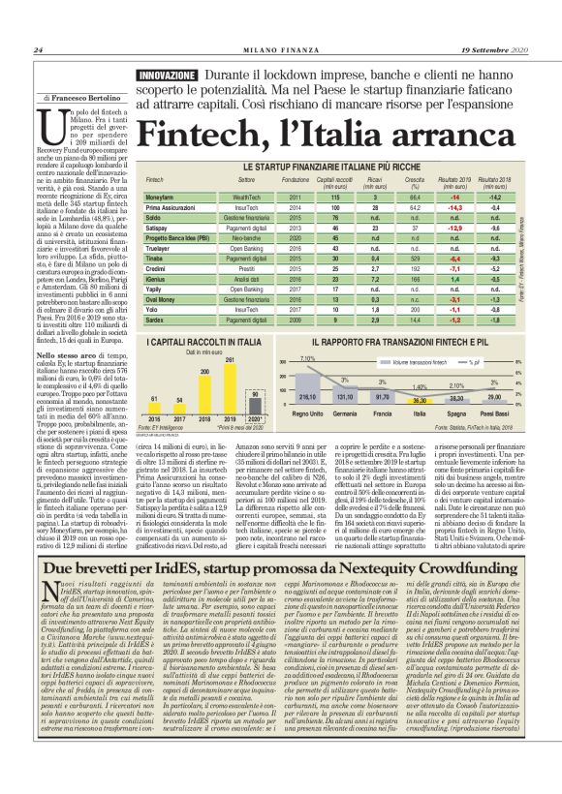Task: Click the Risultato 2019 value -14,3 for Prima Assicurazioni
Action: coord(454,206)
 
